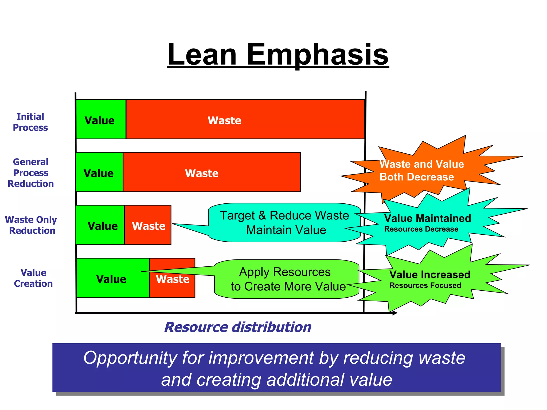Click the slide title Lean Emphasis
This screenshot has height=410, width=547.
(278, 55)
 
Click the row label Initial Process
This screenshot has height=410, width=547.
(30, 122)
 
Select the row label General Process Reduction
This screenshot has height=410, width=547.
(31, 173)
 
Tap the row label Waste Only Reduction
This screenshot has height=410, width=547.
(31, 225)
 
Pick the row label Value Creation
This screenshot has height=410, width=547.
(33, 278)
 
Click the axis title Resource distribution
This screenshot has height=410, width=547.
(238, 327)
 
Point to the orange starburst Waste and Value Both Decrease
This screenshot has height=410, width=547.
(422, 170)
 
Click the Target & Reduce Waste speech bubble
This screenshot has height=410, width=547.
(284, 223)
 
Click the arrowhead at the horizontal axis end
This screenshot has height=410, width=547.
(395, 313)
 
